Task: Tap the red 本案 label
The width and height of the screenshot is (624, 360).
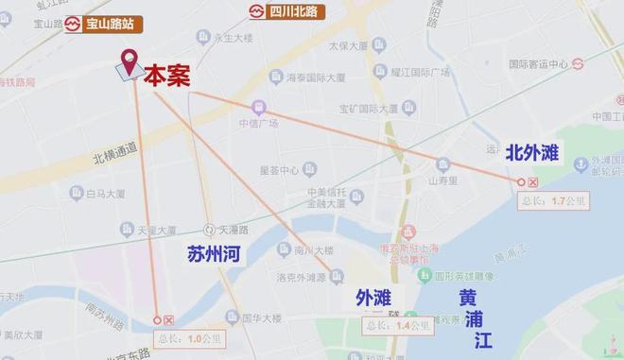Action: [166, 77]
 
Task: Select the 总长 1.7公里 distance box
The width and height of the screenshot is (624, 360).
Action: [555, 200]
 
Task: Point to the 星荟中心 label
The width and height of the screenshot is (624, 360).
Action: [279, 170]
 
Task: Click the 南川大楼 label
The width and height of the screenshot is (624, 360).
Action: [312, 250]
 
